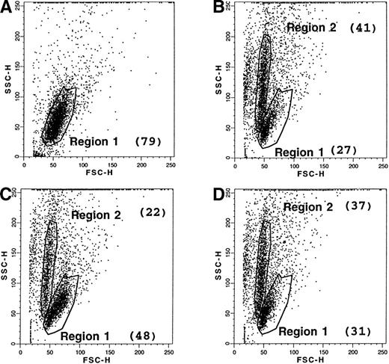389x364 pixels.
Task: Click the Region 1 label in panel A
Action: coord(93,141)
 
